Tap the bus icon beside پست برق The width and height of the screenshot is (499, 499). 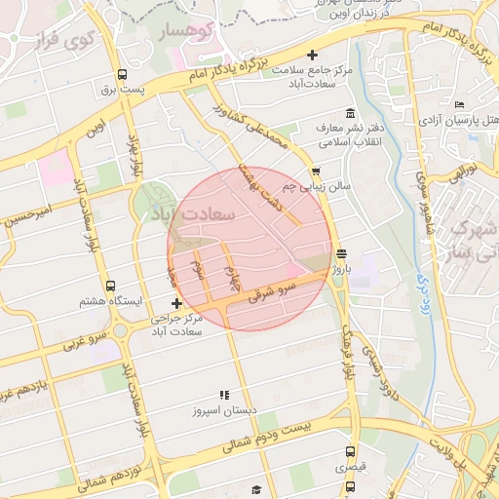tap(122, 75)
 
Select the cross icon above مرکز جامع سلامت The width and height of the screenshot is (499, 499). tap(312, 56)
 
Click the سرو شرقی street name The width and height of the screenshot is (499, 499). tap(272, 290)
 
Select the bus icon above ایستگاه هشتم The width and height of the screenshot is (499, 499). tap(110, 287)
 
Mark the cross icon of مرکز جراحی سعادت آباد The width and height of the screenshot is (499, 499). tap(175, 305)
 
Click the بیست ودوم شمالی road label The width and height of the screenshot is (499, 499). tap(283, 436)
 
